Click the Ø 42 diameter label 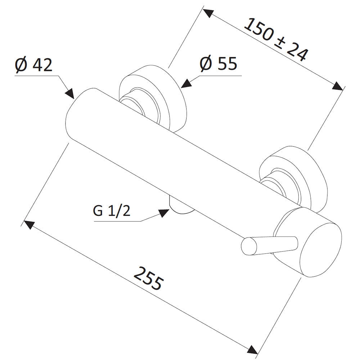click(33, 64)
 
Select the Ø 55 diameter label click(218, 64)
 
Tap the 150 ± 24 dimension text click(275, 40)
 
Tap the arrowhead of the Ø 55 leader click(186, 84)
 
